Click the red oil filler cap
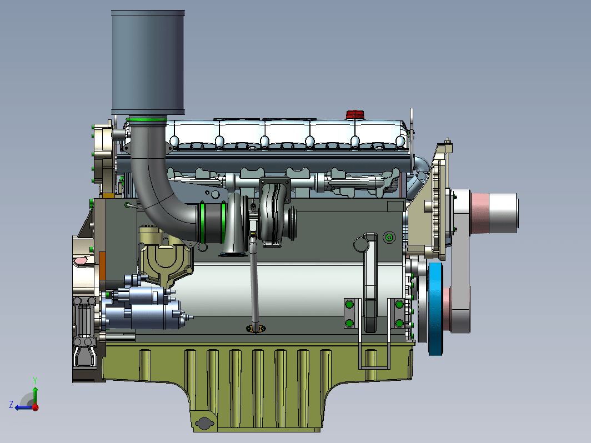355,114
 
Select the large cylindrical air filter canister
148,63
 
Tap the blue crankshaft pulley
435,309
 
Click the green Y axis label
34,380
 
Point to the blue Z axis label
11,405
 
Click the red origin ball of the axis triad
36,407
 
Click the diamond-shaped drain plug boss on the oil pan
204,424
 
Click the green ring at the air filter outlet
146,120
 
